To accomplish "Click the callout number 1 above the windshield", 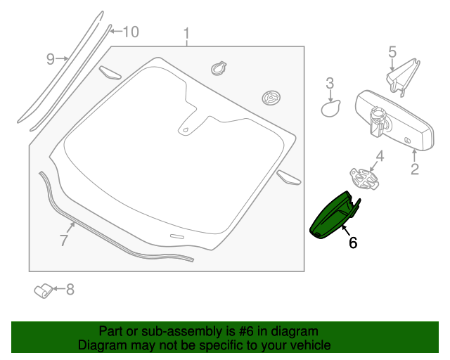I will [x=186, y=34].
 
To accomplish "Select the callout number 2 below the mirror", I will [x=414, y=169].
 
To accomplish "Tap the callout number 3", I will [x=330, y=85].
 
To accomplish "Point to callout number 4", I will [x=379, y=155].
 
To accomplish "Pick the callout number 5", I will [x=392, y=51].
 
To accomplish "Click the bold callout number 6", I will [x=353, y=243].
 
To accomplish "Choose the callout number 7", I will [x=63, y=240].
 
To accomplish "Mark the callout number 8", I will [x=70, y=289].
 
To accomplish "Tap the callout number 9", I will [x=51, y=59].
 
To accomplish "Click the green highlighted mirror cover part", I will [x=333, y=218].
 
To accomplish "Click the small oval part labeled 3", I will [x=330, y=108].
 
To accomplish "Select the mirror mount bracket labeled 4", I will [x=364, y=179].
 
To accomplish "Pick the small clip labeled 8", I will [x=43, y=290].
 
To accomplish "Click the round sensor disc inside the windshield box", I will [x=271, y=98].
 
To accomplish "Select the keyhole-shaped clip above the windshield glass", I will [x=219, y=69].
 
